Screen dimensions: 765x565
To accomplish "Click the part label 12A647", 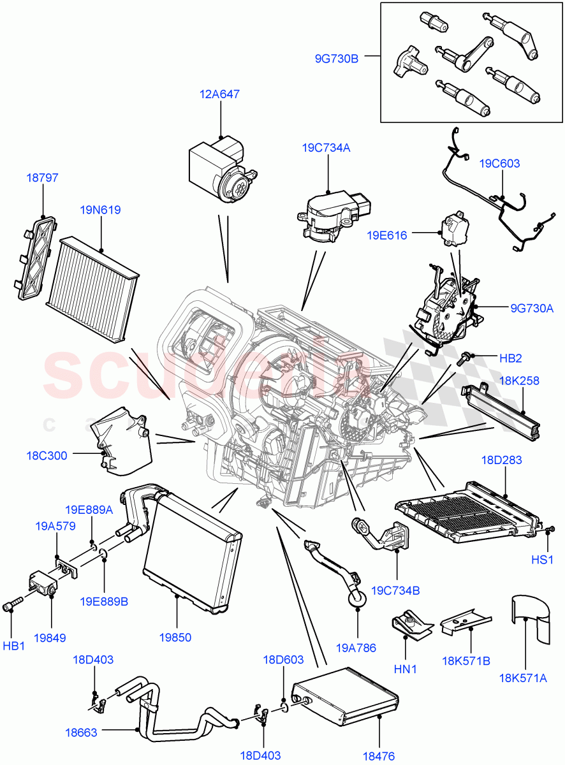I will coord(219,94).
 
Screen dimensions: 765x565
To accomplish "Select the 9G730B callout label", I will coord(337,59).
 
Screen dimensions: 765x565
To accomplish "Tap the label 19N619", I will coord(100,210).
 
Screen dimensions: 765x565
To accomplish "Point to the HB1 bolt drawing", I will coord(13,603).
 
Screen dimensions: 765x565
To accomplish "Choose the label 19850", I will coord(176,637).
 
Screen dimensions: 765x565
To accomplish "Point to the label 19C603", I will coord(499,163).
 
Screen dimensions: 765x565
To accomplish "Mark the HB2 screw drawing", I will coord(462,358).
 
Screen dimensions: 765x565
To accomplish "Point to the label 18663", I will coord(81,732).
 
